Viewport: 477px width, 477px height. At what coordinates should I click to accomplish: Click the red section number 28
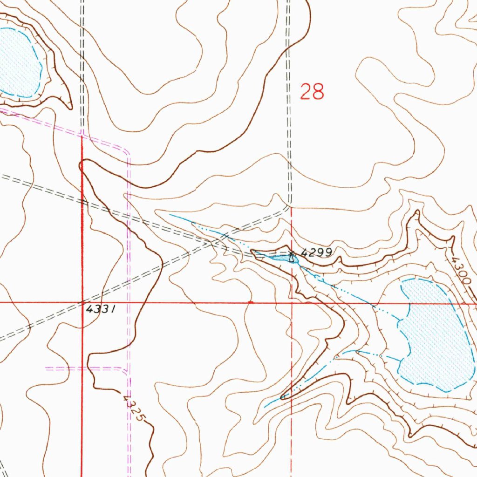(x=312, y=91)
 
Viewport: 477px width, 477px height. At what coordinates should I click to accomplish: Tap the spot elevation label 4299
(x=316, y=252)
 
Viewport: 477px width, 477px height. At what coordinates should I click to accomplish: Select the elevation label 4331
(x=100, y=309)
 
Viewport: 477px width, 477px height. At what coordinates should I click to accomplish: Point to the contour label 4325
(x=132, y=409)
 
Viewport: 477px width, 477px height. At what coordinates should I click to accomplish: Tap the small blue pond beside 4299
(x=281, y=258)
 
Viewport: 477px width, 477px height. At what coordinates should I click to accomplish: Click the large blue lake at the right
(x=436, y=335)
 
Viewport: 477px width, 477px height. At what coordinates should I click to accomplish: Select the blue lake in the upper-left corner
(x=19, y=63)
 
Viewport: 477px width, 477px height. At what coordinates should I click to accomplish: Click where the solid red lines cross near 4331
(x=82, y=302)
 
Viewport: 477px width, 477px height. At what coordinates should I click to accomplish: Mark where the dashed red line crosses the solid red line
(x=292, y=302)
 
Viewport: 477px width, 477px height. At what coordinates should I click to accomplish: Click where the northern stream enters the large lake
(x=401, y=320)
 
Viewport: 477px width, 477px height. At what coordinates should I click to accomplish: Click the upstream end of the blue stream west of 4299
(x=170, y=215)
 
